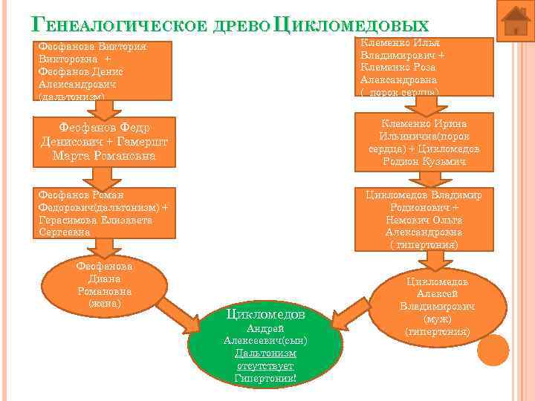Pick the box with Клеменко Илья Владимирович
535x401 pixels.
(x=427, y=66)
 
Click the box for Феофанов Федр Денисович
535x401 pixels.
(x=108, y=141)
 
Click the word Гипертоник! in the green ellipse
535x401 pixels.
(x=265, y=379)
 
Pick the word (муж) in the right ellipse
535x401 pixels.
(x=438, y=318)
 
